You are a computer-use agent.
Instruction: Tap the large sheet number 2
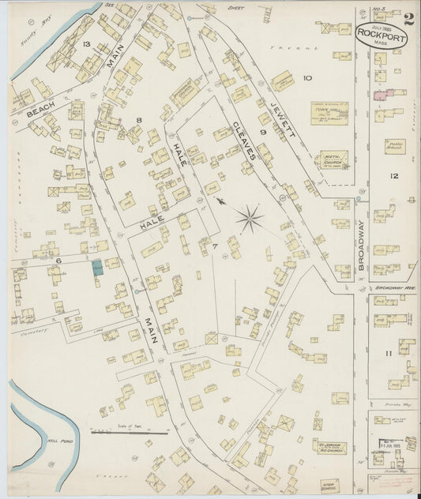(410, 20)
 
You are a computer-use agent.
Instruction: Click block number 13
(87, 44)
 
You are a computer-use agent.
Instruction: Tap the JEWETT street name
(281, 123)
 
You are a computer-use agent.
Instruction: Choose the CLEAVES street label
(245, 144)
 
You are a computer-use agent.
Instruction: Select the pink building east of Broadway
(380, 94)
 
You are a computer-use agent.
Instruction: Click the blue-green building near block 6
(97, 268)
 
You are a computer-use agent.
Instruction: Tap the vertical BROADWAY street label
(361, 246)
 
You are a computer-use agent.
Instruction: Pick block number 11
(388, 352)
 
